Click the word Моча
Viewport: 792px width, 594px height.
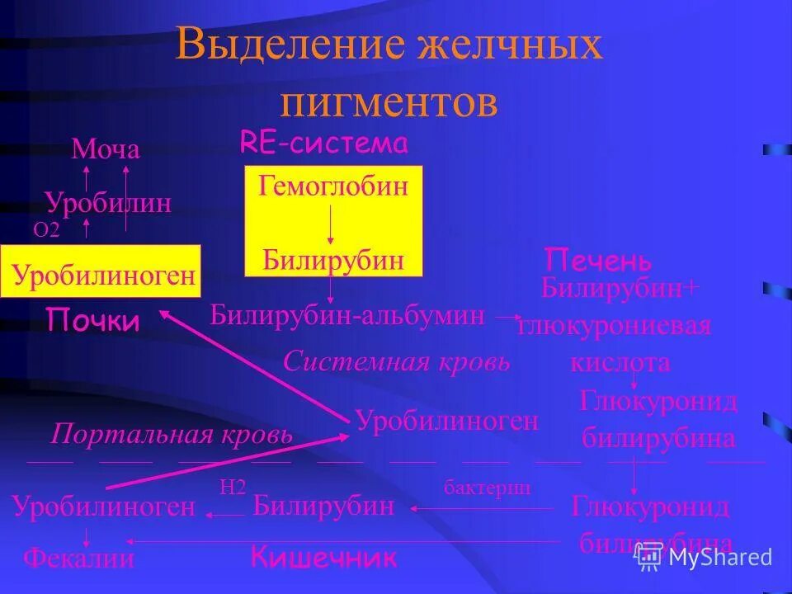coord(106,149)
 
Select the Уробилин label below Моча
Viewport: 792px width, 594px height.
coord(108,202)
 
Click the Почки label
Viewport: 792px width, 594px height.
coord(92,320)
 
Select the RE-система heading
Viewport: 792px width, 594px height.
coord(324,144)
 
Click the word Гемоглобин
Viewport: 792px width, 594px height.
coord(333,186)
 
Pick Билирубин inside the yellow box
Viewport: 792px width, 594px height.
coord(333,260)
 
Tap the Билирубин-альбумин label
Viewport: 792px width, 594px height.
coord(347,314)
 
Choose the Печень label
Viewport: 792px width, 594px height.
coord(598,262)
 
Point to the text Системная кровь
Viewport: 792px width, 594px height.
coord(396,361)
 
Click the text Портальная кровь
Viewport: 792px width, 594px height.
coord(172,434)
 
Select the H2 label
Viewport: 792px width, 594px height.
coord(233,488)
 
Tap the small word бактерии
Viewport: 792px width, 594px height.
coord(487,488)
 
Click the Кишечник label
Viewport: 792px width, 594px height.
coord(324,559)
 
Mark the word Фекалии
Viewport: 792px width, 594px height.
coord(78,559)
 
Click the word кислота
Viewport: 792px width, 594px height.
coord(620,362)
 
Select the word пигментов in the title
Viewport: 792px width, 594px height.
coord(389,103)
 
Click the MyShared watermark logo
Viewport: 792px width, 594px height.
coord(705,557)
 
